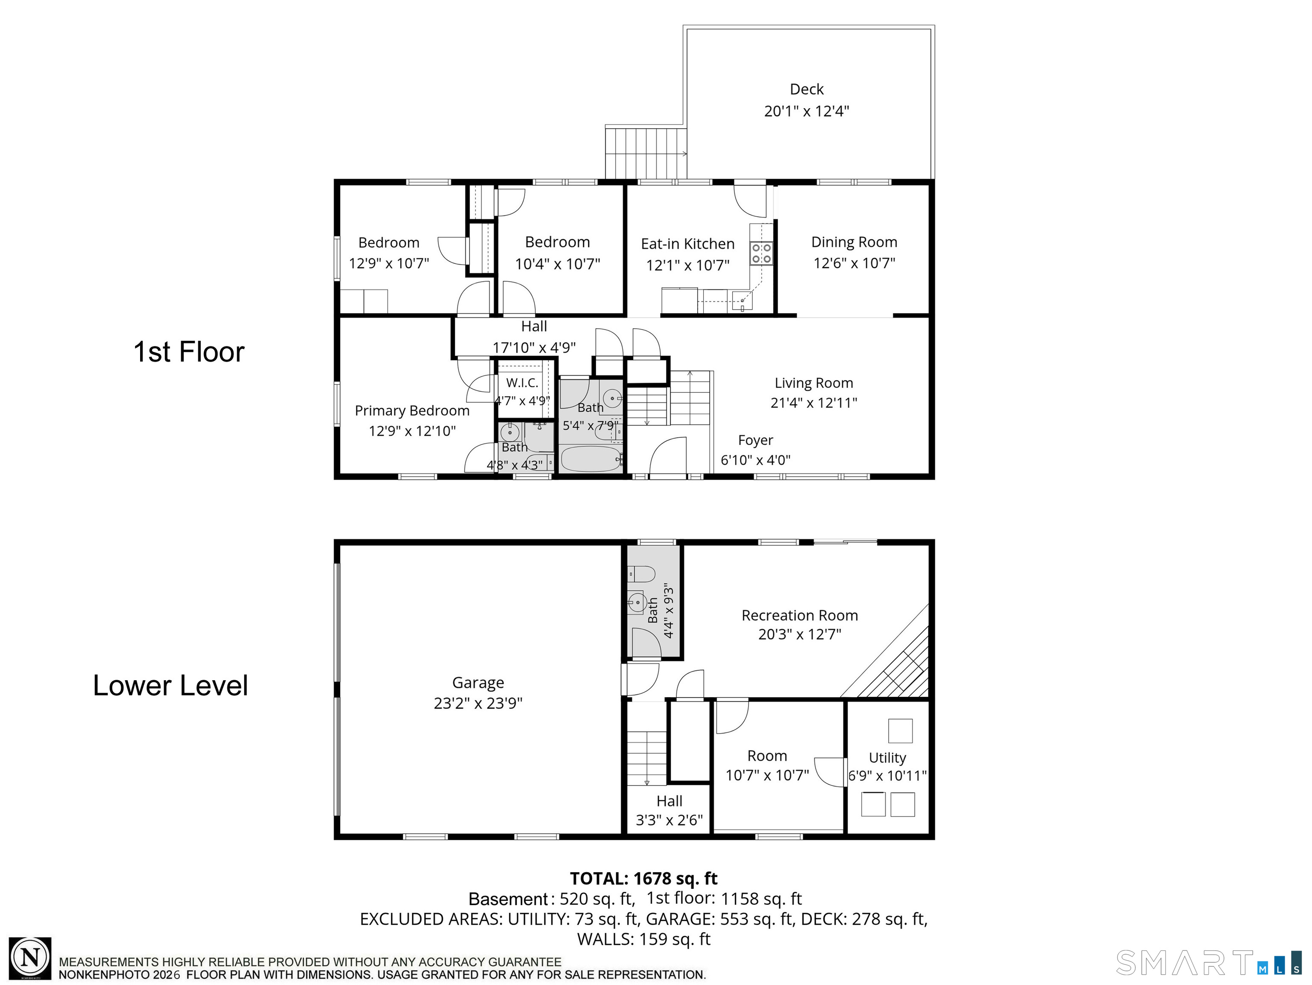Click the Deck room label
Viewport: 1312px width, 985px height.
pyautogui.click(x=807, y=89)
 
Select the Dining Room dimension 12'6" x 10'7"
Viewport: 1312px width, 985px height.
pyautogui.click(x=854, y=263)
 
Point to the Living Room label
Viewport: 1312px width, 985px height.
pyautogui.click(x=814, y=383)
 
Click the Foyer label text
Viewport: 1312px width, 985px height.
pyautogui.click(x=756, y=440)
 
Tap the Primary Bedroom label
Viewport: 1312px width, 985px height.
pyautogui.click(x=412, y=410)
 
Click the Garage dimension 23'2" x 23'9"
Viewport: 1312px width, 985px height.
pyautogui.click(x=478, y=703)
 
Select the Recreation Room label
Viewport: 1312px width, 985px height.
pyautogui.click(x=799, y=615)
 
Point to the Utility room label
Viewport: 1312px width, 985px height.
pyautogui.click(x=887, y=758)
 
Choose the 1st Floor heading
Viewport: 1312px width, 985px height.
pyautogui.click(x=188, y=352)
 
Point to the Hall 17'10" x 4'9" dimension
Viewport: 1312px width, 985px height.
pyautogui.click(x=534, y=347)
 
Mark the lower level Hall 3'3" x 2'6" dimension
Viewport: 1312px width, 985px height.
pyautogui.click(x=669, y=820)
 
